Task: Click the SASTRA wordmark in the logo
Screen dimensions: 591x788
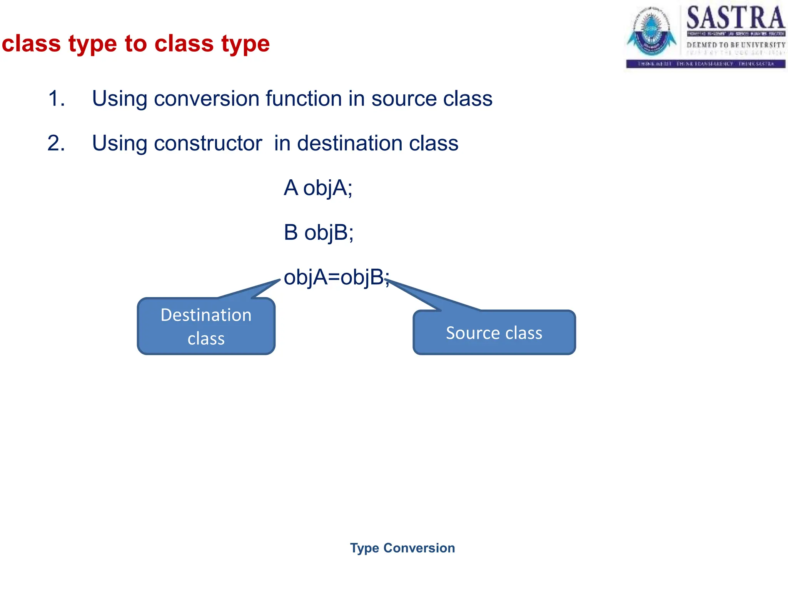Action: [x=735, y=18]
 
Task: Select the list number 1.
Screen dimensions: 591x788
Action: [x=56, y=98]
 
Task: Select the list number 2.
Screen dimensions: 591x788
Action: [x=56, y=143]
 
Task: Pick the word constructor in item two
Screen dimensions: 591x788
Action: [x=208, y=143]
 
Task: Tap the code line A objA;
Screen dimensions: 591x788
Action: [x=318, y=188]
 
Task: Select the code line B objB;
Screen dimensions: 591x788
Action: [x=319, y=233]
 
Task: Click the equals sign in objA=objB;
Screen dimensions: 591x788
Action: [x=334, y=278]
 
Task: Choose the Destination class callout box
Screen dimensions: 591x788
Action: [x=206, y=326]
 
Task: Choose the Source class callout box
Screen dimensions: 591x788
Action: [x=494, y=332]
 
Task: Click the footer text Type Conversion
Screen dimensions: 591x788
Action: [x=402, y=548]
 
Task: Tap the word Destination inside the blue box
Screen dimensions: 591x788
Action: [x=206, y=315]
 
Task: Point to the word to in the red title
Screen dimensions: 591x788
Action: [x=135, y=43]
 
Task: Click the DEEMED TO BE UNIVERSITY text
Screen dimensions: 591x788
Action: [x=736, y=45]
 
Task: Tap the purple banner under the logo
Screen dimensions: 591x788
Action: [x=705, y=64]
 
